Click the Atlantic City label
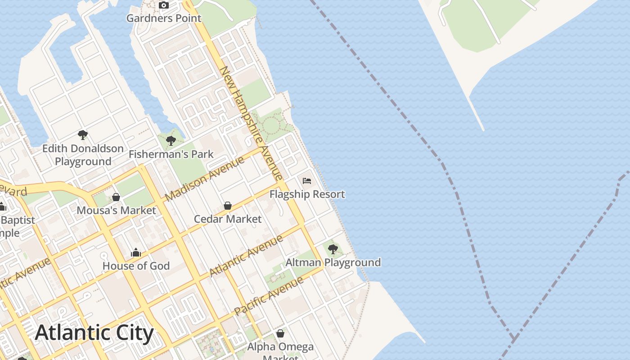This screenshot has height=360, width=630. [94, 333]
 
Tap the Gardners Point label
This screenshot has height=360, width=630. [164, 18]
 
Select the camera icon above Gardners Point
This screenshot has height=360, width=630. [164, 5]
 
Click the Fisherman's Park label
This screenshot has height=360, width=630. [171, 154]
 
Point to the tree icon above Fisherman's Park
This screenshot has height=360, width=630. [171, 140]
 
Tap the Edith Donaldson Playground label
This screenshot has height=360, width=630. [83, 155]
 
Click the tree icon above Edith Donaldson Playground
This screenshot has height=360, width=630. [82, 134]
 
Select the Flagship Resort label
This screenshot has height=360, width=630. [307, 194]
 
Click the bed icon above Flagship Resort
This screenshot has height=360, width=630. [307, 181]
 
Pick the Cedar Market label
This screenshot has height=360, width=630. [228, 219]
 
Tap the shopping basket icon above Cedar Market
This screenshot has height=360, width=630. [228, 206]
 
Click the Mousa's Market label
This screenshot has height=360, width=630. [116, 210]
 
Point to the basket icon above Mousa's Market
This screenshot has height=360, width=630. [116, 197]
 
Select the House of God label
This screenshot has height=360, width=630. [136, 266]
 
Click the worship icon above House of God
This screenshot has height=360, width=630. [136, 253]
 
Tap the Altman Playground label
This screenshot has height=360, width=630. [333, 262]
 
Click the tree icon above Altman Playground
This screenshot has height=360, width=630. [333, 249]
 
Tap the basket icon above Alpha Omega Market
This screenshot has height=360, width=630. [280, 333]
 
